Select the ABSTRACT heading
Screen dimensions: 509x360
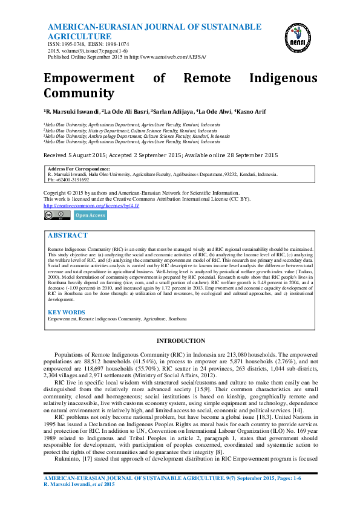pyautogui.click(x=67, y=235)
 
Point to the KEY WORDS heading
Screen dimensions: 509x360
pyautogui.click(x=67, y=312)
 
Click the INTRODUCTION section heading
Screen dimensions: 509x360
pyautogui.click(x=180, y=341)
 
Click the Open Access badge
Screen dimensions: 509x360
pyautogui.click(x=90, y=215)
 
